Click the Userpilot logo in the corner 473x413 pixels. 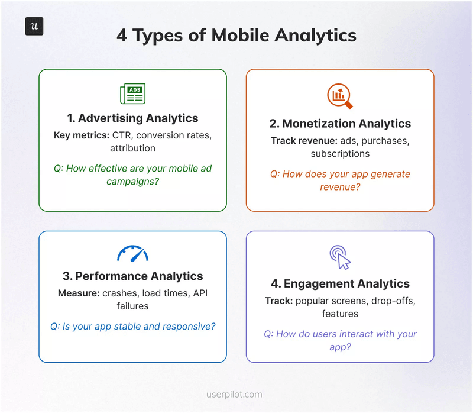[x=34, y=27]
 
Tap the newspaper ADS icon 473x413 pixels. [x=132, y=93]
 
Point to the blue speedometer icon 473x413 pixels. [x=132, y=253]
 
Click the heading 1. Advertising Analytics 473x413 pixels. [x=132, y=118]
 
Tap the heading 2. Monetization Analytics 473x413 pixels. [x=340, y=124]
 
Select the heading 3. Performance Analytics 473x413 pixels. [x=132, y=276]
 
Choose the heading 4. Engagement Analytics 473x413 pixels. [x=340, y=283]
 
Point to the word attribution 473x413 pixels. [x=132, y=149]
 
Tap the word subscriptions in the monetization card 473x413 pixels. [x=340, y=154]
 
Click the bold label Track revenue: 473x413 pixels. [x=300, y=141]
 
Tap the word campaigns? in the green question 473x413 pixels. [x=132, y=181]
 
